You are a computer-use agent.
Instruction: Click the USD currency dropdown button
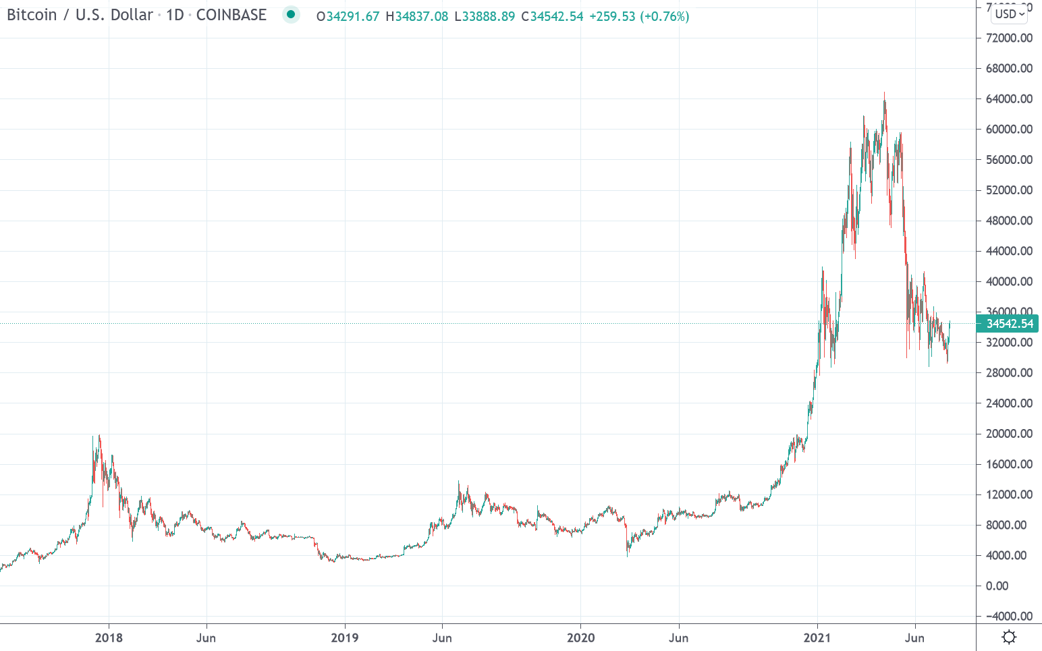[x=1009, y=13]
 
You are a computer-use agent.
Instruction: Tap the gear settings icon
[x=1009, y=637]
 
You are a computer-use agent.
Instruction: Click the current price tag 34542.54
[x=1009, y=324]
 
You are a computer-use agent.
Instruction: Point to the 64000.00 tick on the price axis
[x=1009, y=98]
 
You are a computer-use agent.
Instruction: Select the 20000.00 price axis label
[x=1009, y=434]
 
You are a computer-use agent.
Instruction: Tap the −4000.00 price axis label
[x=1009, y=616]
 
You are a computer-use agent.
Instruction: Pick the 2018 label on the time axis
[x=109, y=638]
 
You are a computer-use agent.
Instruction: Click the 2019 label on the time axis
[x=345, y=638]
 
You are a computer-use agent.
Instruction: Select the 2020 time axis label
[x=580, y=638]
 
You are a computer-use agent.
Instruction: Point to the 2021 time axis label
[x=817, y=638]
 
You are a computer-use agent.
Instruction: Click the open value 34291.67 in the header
[x=352, y=16]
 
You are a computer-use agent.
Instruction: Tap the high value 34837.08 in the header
[x=421, y=16]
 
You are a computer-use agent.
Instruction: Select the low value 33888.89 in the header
[x=489, y=16]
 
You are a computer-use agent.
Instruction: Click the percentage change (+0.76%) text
[x=664, y=16]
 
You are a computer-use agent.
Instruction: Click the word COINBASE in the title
[x=231, y=15]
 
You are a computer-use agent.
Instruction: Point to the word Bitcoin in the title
[x=32, y=15]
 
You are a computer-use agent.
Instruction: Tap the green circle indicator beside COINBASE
[x=291, y=14]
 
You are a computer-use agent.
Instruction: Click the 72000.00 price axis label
[x=1009, y=38]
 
